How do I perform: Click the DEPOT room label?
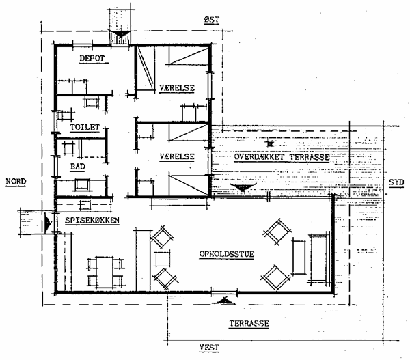pyautogui.click(x=92, y=58)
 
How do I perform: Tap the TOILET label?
pyautogui.click(x=85, y=127)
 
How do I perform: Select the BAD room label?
pyautogui.click(x=78, y=167)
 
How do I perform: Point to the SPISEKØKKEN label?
pyautogui.click(x=92, y=220)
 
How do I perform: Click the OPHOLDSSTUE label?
pyautogui.click(x=227, y=254)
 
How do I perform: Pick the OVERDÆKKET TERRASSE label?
pyautogui.click(x=282, y=157)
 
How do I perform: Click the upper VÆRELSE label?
pyautogui.click(x=177, y=88)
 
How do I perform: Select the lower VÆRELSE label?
pyautogui.click(x=177, y=156)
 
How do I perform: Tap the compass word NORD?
pyautogui.click(x=16, y=181)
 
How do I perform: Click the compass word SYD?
pyautogui.click(x=396, y=182)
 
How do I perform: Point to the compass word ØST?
pyautogui.click(x=212, y=20)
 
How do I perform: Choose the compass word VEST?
pyautogui.click(x=209, y=348)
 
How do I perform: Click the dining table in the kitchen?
pyautogui.click(x=105, y=272)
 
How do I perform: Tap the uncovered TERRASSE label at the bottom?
pyautogui.click(x=249, y=323)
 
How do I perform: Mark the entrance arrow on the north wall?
pyautogui.click(x=48, y=223)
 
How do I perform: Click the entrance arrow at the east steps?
pyautogui.click(x=120, y=34)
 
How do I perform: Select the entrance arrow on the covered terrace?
pyautogui.click(x=243, y=187)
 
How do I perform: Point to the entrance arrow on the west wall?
pyautogui.click(x=224, y=301)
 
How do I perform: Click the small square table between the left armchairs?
pyautogui.click(x=163, y=259)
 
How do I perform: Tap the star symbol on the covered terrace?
pyautogui.click(x=270, y=143)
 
